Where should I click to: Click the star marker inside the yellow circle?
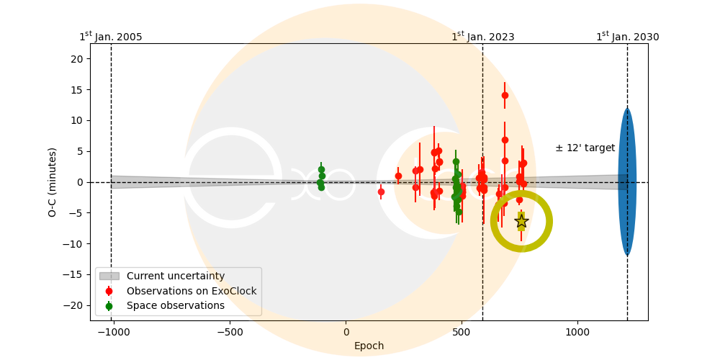tap(521, 221)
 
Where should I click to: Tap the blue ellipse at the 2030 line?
tap(627, 182)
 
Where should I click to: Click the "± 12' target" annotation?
tap(585, 148)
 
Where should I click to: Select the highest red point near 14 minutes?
tap(505, 95)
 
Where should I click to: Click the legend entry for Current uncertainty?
tap(175, 276)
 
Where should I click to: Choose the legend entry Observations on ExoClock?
tap(191, 291)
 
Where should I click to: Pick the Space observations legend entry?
tap(175, 305)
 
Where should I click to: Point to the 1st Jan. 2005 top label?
tap(110, 37)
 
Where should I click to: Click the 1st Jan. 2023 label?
tap(482, 37)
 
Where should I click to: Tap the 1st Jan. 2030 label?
tap(627, 37)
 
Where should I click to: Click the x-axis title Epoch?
tap(369, 346)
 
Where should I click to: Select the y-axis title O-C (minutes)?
tap(53, 182)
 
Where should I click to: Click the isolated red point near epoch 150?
tap(381, 192)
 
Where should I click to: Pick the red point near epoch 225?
tap(398, 176)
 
